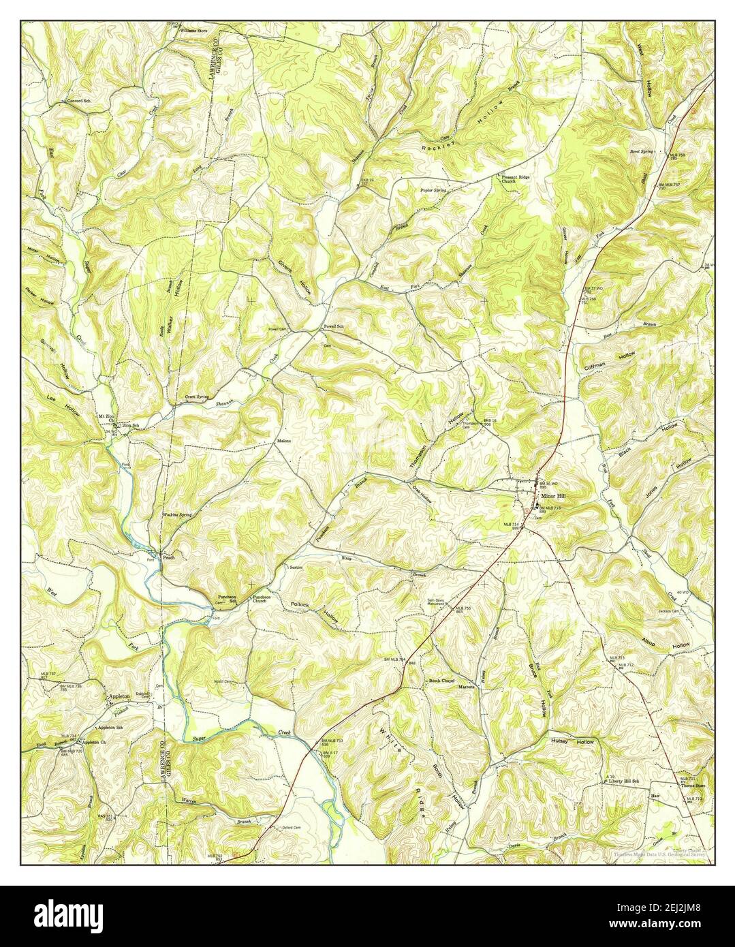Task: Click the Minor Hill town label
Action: [x=552, y=497]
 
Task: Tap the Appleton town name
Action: [x=120, y=697]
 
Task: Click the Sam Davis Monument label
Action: [x=437, y=602]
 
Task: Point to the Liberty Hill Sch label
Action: [x=625, y=781]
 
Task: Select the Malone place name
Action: [x=283, y=441]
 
